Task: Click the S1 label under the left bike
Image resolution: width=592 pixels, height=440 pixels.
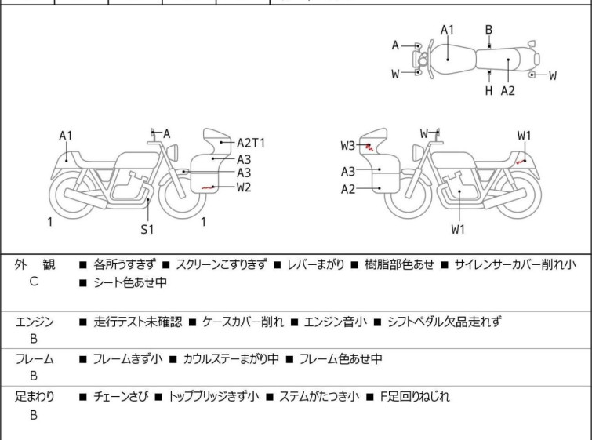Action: tap(147, 229)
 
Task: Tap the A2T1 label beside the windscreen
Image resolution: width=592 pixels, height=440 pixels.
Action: tap(251, 144)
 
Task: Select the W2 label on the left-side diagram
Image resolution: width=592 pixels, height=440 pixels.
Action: tap(244, 187)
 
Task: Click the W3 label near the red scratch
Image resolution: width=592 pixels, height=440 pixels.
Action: tap(347, 145)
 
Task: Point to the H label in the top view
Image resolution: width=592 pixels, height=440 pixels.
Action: tap(489, 91)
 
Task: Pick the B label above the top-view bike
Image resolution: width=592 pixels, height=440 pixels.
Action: tap(489, 30)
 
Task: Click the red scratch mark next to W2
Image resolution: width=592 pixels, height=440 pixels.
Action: tap(208, 187)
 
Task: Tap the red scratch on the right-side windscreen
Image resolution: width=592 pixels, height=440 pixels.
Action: tap(369, 147)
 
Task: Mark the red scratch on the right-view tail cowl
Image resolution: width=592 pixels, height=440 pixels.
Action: tap(521, 162)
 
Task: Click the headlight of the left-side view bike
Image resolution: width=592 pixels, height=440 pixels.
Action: tap(173, 153)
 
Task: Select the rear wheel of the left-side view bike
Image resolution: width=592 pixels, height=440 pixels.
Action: tap(72, 195)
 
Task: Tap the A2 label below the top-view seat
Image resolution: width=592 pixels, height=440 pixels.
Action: tap(508, 91)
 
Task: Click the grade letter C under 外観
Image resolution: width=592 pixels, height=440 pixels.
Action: tap(34, 282)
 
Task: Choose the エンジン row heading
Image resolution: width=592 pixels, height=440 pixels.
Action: tap(35, 322)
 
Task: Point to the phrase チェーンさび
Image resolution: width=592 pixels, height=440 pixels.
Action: tap(120, 397)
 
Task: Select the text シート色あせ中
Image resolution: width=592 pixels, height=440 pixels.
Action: tap(130, 282)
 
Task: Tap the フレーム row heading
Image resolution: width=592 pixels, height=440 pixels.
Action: tap(35, 358)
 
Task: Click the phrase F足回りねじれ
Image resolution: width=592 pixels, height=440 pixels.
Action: tap(415, 397)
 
